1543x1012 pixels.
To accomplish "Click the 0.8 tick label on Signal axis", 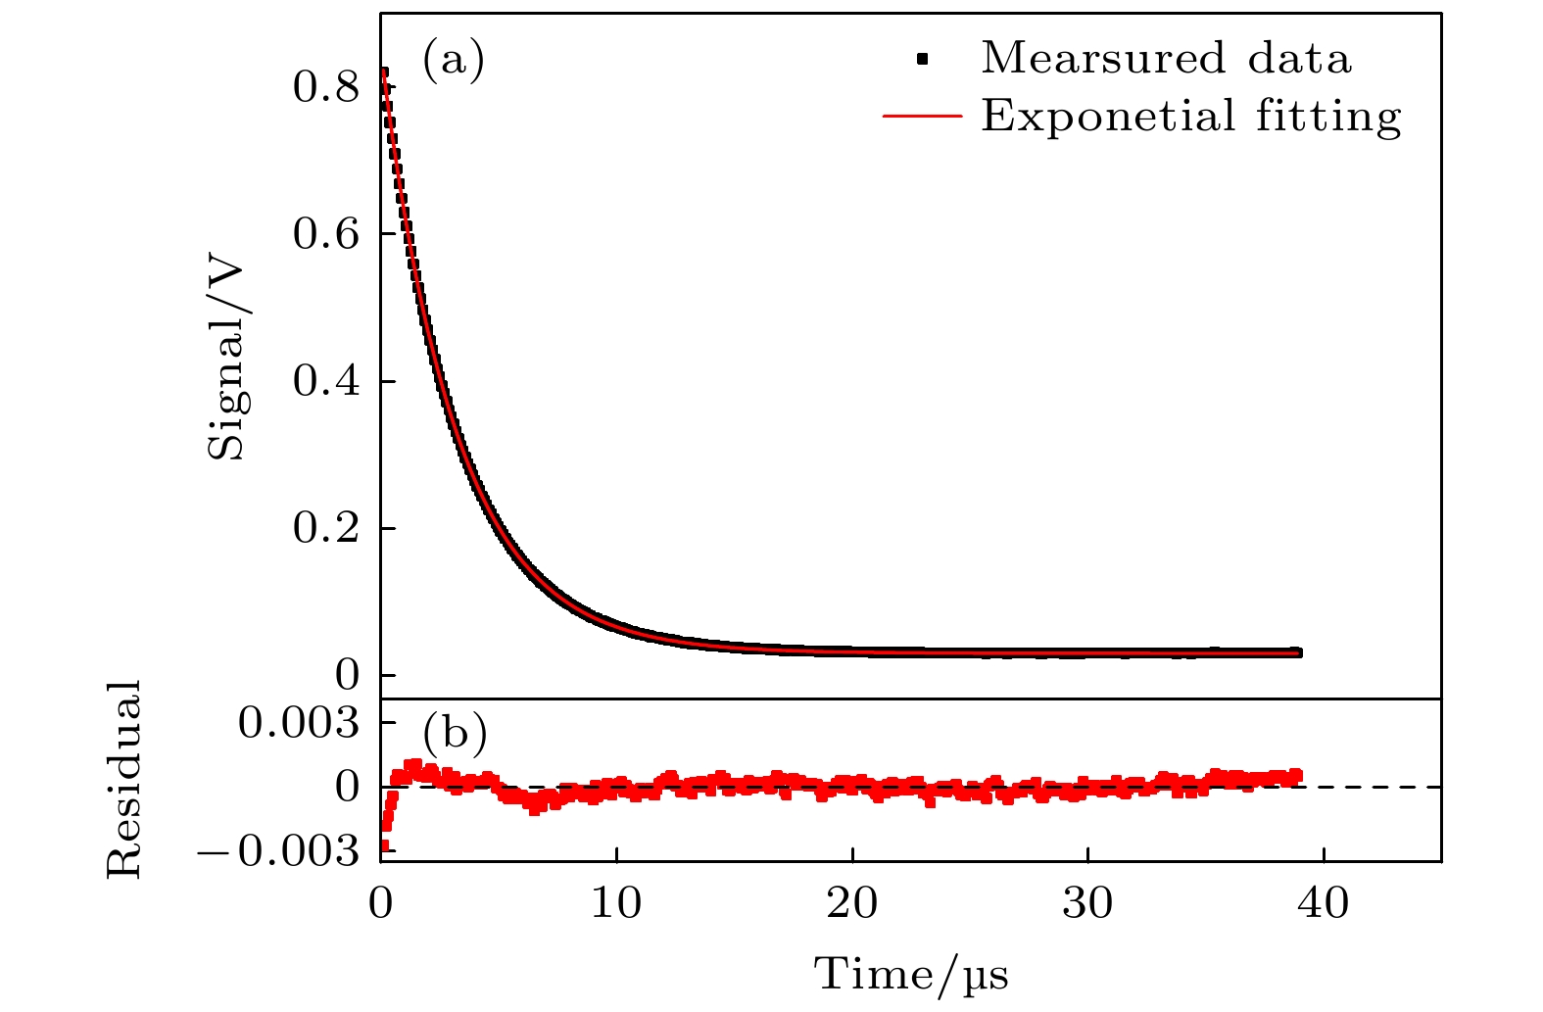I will click(325, 88).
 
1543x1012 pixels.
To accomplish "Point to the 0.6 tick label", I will click(325, 235).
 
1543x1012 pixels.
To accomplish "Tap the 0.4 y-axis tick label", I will click(325, 382).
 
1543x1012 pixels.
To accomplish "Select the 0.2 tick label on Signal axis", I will click(325, 529).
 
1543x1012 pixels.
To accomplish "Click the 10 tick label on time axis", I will click(616, 903).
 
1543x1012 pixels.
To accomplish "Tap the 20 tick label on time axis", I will click(852, 903).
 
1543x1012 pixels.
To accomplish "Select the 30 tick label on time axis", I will click(1087, 903).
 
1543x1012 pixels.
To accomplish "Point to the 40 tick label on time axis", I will click(1324, 903).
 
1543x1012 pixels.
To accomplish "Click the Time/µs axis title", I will click(911, 975).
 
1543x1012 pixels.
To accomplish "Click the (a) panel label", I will click(454, 61).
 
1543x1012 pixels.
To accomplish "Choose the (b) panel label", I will click(455, 732).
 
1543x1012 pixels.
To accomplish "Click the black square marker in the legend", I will click(921, 61).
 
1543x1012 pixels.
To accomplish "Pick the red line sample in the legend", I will click(922, 117).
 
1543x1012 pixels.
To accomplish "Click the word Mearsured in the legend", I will click(1103, 59).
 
